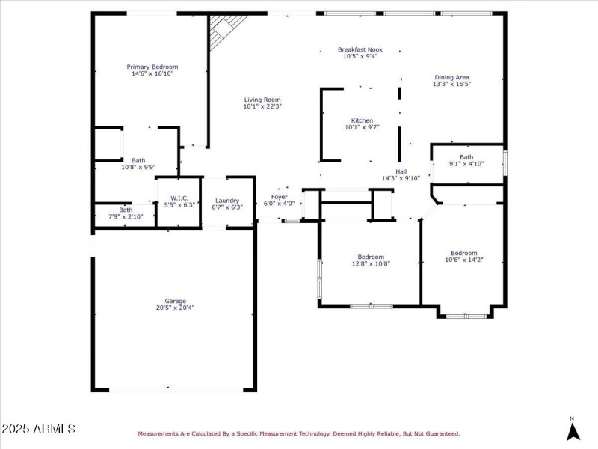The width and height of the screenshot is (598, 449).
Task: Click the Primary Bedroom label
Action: coord(152,67)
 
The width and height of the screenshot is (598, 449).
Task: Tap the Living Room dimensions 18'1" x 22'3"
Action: coord(262,106)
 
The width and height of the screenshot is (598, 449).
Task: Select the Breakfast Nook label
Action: coord(360,49)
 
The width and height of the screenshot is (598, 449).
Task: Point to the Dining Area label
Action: coord(452,77)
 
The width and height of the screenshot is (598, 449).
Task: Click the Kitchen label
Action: coord(362,120)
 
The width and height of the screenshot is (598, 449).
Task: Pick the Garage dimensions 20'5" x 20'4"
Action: coord(175,308)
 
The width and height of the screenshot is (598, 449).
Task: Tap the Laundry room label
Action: coord(227,201)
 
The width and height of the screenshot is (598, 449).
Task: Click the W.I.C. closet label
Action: coord(179,198)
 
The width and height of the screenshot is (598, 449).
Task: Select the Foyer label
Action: coord(279,197)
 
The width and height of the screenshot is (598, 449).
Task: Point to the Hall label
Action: coord(401,172)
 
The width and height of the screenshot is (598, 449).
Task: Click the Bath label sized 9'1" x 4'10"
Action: coord(466,157)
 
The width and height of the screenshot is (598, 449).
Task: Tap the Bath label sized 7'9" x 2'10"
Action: coord(126,210)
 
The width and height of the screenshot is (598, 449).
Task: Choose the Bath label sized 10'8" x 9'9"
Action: coord(138,160)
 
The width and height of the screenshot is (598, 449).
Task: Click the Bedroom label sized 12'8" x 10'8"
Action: coord(371,257)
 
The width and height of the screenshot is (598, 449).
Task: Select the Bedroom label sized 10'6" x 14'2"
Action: coord(463,253)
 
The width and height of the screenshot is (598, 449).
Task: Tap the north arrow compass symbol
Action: coord(573,432)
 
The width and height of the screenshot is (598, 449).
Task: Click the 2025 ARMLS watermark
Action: coord(38,429)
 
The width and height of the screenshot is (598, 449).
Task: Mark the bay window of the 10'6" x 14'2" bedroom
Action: coord(466,316)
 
